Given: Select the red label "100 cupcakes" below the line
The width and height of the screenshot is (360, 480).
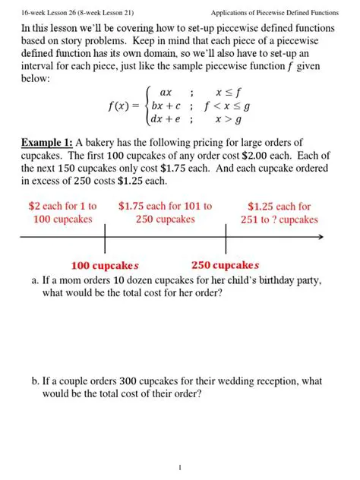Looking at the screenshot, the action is point(105,266).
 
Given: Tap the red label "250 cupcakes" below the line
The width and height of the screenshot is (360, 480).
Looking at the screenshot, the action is point(226,266).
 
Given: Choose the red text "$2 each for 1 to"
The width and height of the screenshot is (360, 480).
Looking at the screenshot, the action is point(62,206).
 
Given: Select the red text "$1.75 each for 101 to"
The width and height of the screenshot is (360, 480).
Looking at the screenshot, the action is point(166,206).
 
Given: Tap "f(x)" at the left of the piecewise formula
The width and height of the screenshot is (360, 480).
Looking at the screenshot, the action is point(122,106).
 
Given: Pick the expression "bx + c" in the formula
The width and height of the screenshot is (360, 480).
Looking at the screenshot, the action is point(166,106).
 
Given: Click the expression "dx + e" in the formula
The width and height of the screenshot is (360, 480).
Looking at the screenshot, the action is point(166,119).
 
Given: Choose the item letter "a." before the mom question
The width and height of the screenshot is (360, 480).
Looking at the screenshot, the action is point(36,280).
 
